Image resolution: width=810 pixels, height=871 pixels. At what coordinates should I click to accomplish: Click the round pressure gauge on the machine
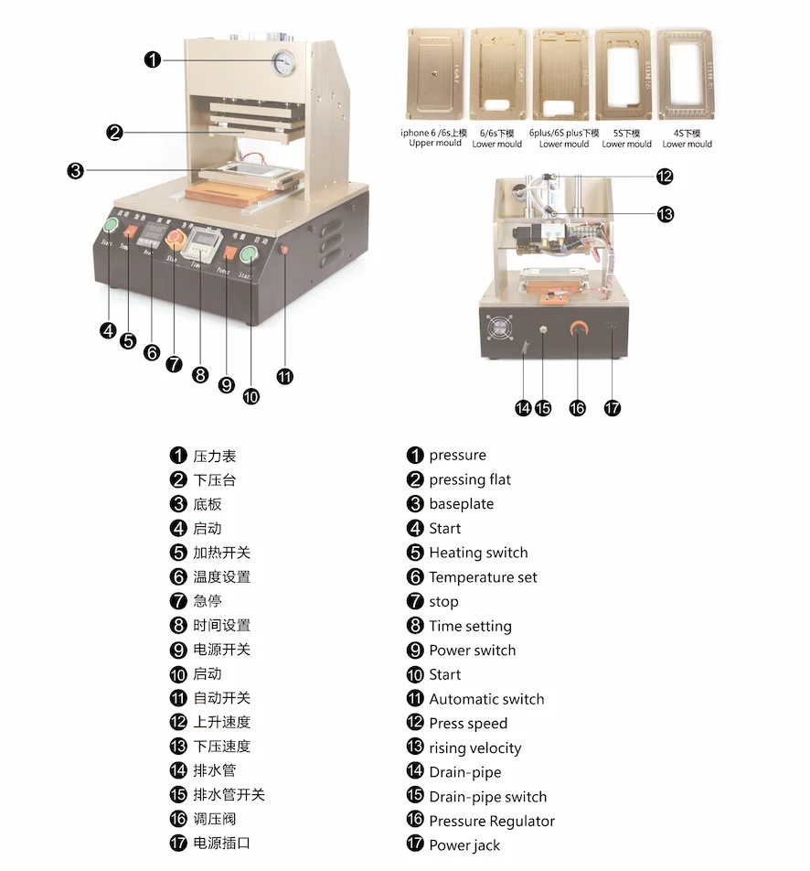283,61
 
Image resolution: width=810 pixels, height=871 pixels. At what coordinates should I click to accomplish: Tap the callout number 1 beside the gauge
153,59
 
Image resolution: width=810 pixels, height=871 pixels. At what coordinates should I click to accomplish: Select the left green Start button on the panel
112,227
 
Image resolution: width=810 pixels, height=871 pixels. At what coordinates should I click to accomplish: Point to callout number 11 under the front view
285,375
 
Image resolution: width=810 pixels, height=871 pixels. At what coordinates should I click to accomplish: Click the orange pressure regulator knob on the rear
578,332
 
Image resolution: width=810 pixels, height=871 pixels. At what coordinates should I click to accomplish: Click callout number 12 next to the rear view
665,177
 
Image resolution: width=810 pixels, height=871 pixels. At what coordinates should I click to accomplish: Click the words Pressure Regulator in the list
491,821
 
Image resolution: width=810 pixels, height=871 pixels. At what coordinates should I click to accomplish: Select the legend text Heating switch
477,553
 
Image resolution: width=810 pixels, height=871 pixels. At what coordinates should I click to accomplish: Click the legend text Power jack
464,845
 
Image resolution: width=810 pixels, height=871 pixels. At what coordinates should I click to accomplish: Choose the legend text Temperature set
483,577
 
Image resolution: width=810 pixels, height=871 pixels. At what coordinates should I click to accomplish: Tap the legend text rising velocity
474,747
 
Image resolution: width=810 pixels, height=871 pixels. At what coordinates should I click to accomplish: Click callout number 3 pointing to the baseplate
76,170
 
